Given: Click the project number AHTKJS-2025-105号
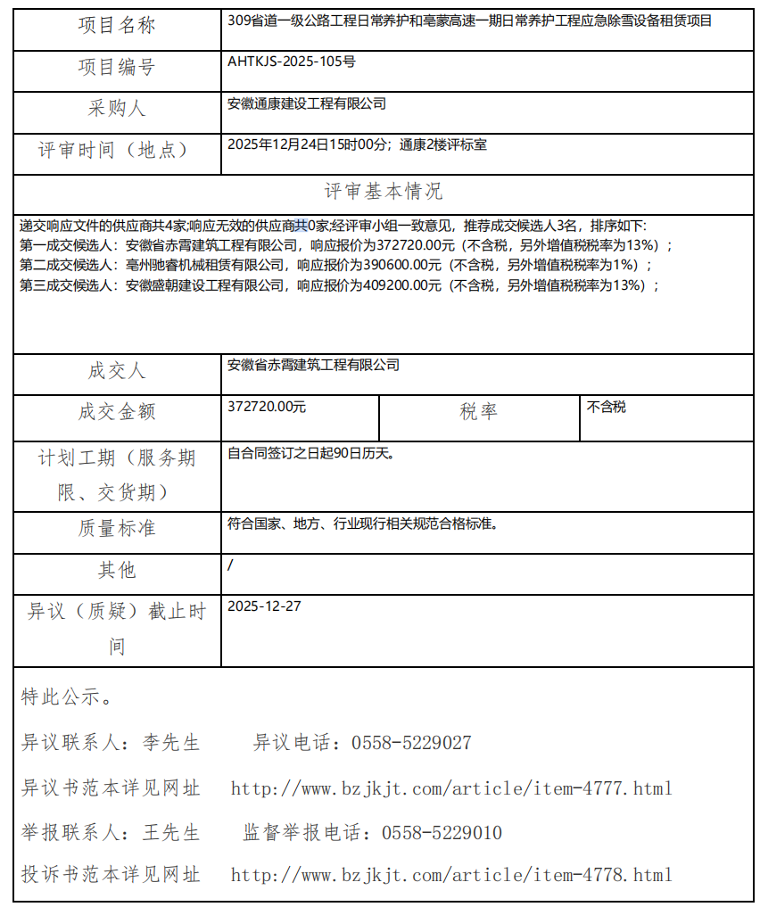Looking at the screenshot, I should pos(292,62).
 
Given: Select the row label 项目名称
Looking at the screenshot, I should pos(117,26).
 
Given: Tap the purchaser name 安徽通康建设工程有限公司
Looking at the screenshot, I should pos(307,103).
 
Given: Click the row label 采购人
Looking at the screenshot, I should pos(117,109).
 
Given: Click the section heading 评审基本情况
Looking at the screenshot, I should pos(383,192).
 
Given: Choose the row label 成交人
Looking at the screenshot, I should pos(117,371).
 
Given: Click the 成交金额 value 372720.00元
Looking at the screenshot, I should pos(267,407).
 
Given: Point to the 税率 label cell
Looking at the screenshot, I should pos(479,411).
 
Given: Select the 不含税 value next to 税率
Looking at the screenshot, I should pos(607,407).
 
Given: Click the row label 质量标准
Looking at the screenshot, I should pos(117,528).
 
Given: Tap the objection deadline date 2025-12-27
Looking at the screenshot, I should pos(264,606).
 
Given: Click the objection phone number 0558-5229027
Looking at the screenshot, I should pos(411,743).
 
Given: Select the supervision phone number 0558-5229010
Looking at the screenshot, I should pos(442,833).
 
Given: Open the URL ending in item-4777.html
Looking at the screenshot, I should pos(451,788).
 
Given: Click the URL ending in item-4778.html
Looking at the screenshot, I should pos(451,875).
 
